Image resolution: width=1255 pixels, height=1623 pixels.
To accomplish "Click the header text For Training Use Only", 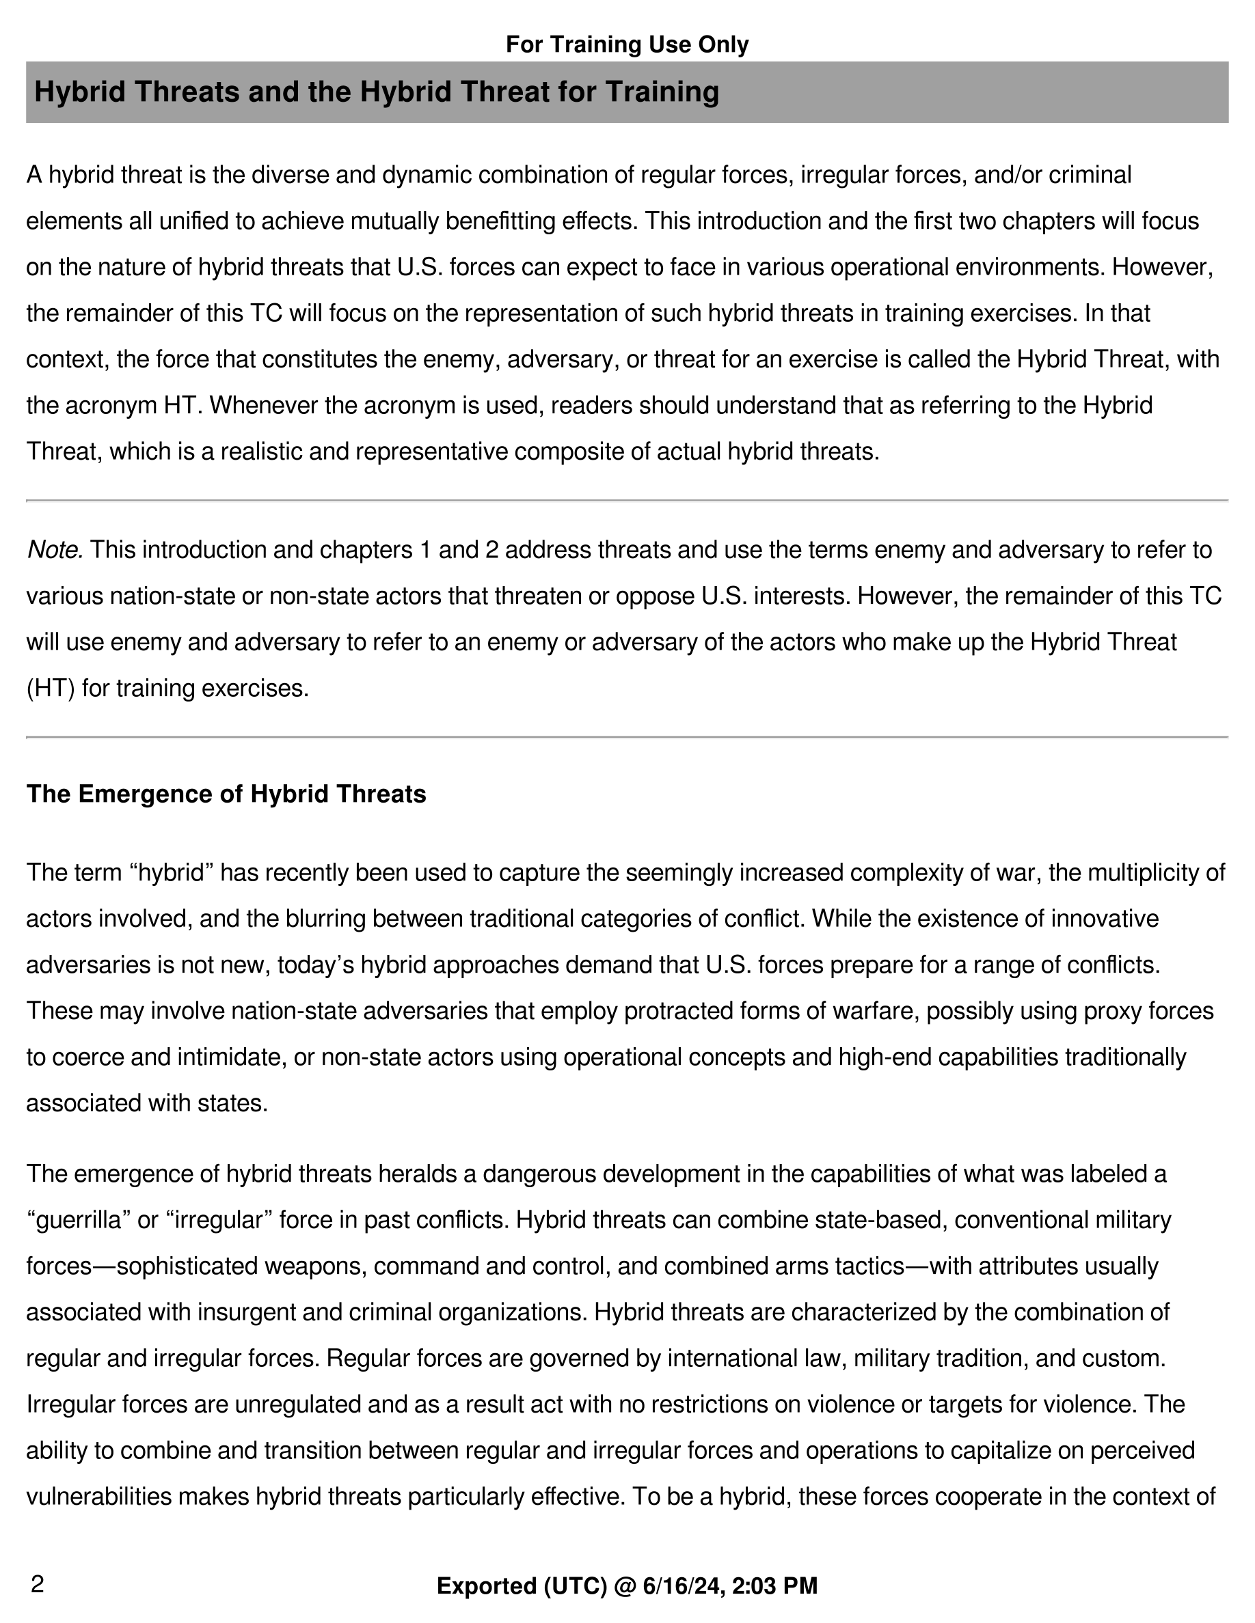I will pos(627,44).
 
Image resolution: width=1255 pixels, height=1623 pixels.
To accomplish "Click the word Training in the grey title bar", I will pos(662,92).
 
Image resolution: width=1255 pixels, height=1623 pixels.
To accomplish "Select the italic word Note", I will pos(54,550).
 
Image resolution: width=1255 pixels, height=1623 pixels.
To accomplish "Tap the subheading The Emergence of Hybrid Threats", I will pos(226,794).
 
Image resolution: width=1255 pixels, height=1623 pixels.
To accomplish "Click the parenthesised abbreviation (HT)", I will pos(50,688).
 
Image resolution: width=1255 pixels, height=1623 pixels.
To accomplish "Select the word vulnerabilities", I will pos(99,1497).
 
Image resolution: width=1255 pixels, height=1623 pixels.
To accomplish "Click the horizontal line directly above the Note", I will pos(627,501).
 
